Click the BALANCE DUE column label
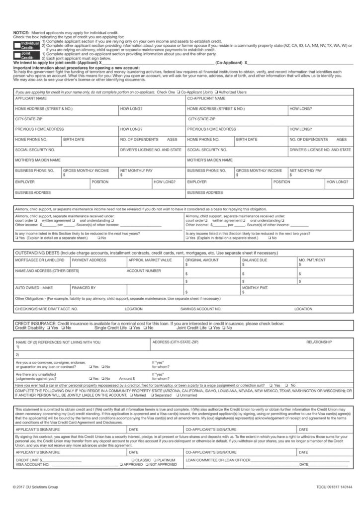coord(254,260)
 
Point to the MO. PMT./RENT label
coord(312,260)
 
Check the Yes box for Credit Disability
coord(48,328)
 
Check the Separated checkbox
coord(152,396)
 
